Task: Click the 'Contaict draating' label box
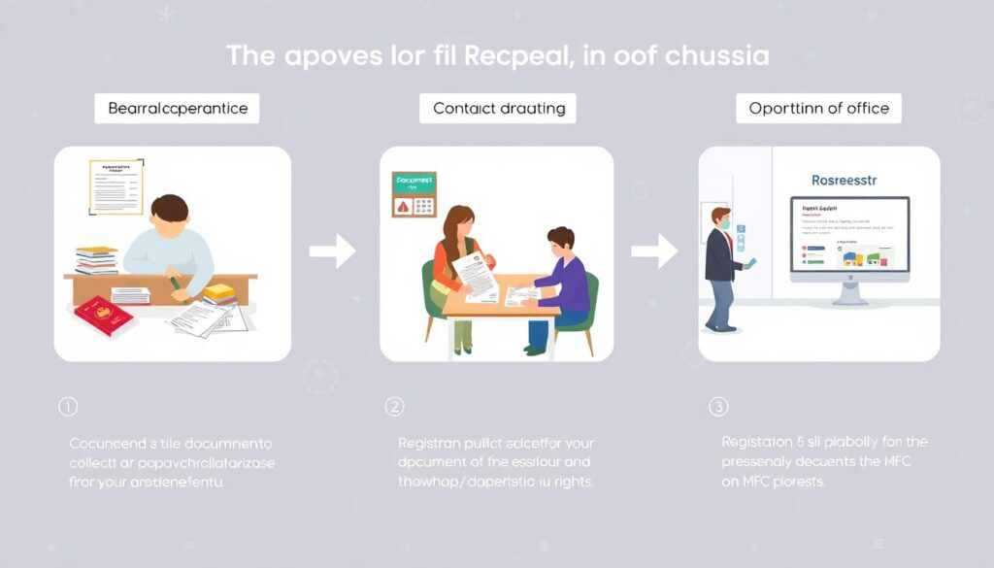click(x=498, y=109)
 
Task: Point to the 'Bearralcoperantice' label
click(x=171, y=109)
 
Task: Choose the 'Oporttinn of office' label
click(x=818, y=109)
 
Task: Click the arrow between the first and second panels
click(x=332, y=252)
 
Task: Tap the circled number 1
click(x=68, y=406)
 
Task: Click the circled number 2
click(x=394, y=405)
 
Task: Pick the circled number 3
click(x=718, y=405)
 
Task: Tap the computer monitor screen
click(x=849, y=234)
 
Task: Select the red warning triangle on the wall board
click(x=401, y=206)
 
